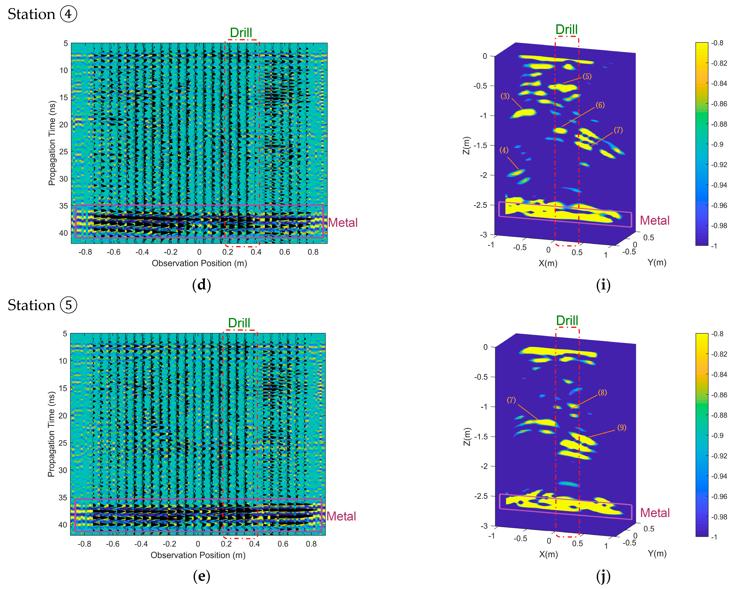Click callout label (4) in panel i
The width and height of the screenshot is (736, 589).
point(504,150)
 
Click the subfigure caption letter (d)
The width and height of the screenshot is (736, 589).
point(201,285)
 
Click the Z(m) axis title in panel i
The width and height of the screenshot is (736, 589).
point(467,145)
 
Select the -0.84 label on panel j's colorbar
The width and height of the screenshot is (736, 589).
point(719,374)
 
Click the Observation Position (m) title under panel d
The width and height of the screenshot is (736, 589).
point(199,263)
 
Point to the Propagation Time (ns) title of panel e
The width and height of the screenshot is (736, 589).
point(51,434)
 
